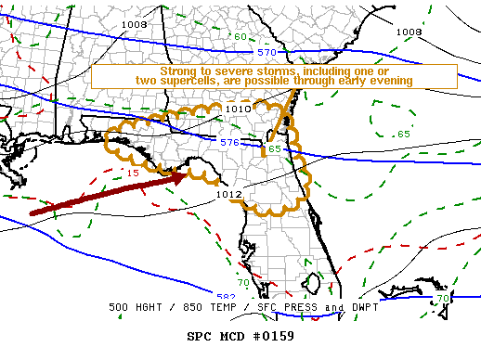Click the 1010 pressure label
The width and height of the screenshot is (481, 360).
pos(239,109)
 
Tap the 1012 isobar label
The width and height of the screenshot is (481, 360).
pos(229,194)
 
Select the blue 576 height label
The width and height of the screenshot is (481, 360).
pos(230,142)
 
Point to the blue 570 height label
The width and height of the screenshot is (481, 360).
pos(267,53)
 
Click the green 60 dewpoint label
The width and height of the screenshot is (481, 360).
pos(240,37)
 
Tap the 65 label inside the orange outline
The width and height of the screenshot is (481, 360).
pos(274,148)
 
